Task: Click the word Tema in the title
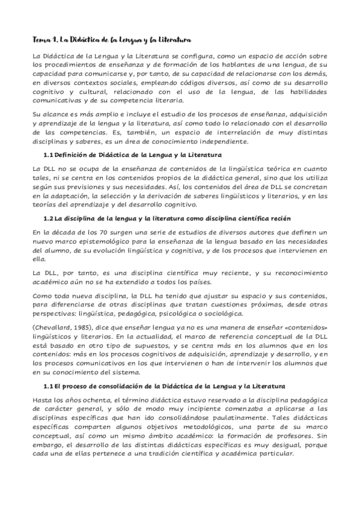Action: coord(41,40)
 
